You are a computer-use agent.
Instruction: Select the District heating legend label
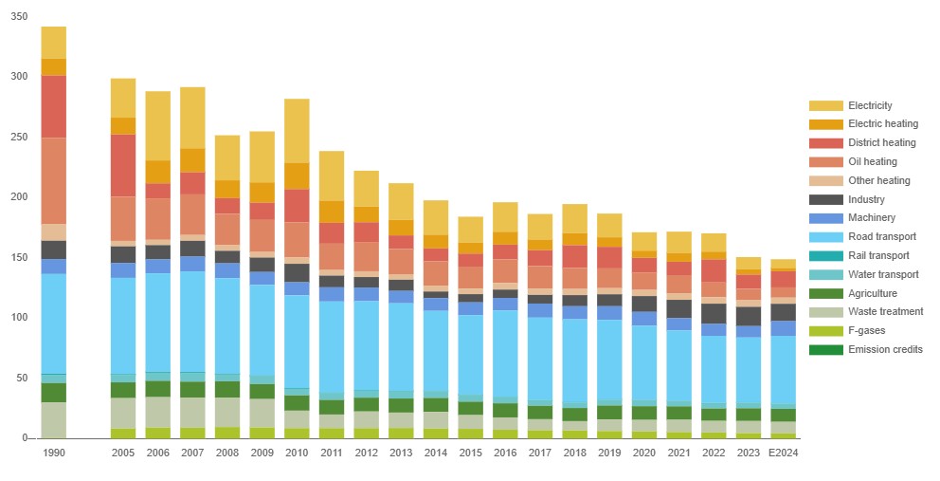click(x=882, y=143)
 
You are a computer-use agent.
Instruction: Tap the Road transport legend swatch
click(x=826, y=236)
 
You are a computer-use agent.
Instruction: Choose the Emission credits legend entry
click(x=866, y=349)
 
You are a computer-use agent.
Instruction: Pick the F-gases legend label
click(x=866, y=331)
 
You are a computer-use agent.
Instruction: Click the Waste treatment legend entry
click(x=866, y=312)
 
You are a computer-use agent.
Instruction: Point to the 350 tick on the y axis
click(x=19, y=17)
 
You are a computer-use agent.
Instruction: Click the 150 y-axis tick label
click(x=19, y=258)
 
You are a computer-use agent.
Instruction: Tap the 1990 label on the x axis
click(x=53, y=453)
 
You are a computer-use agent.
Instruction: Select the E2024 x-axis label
click(x=784, y=453)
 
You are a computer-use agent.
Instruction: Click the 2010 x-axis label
click(x=297, y=453)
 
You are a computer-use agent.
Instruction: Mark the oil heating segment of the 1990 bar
click(x=53, y=181)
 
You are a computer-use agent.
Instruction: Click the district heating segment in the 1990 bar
click(x=53, y=107)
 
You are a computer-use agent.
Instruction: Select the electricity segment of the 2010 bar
click(x=297, y=131)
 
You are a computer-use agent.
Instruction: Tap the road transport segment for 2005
click(x=123, y=326)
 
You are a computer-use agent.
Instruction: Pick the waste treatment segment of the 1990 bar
click(x=53, y=419)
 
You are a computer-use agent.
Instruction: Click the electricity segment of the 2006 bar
click(x=157, y=126)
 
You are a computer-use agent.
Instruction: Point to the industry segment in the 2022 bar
click(x=714, y=313)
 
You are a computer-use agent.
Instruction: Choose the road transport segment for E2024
click(x=784, y=370)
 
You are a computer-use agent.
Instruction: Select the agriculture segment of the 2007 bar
click(x=192, y=390)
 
